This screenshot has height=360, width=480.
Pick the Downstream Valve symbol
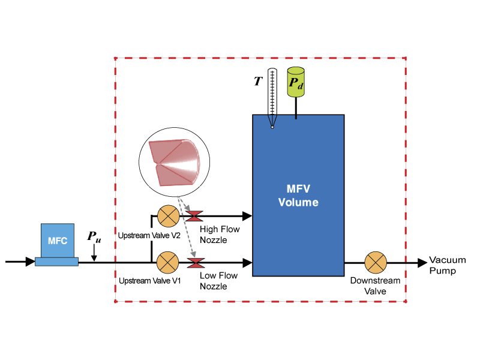(376, 262)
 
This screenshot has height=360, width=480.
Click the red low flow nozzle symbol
(196, 262)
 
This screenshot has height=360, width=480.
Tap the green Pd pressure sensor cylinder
(296, 83)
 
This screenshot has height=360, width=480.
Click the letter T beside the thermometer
(258, 80)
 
